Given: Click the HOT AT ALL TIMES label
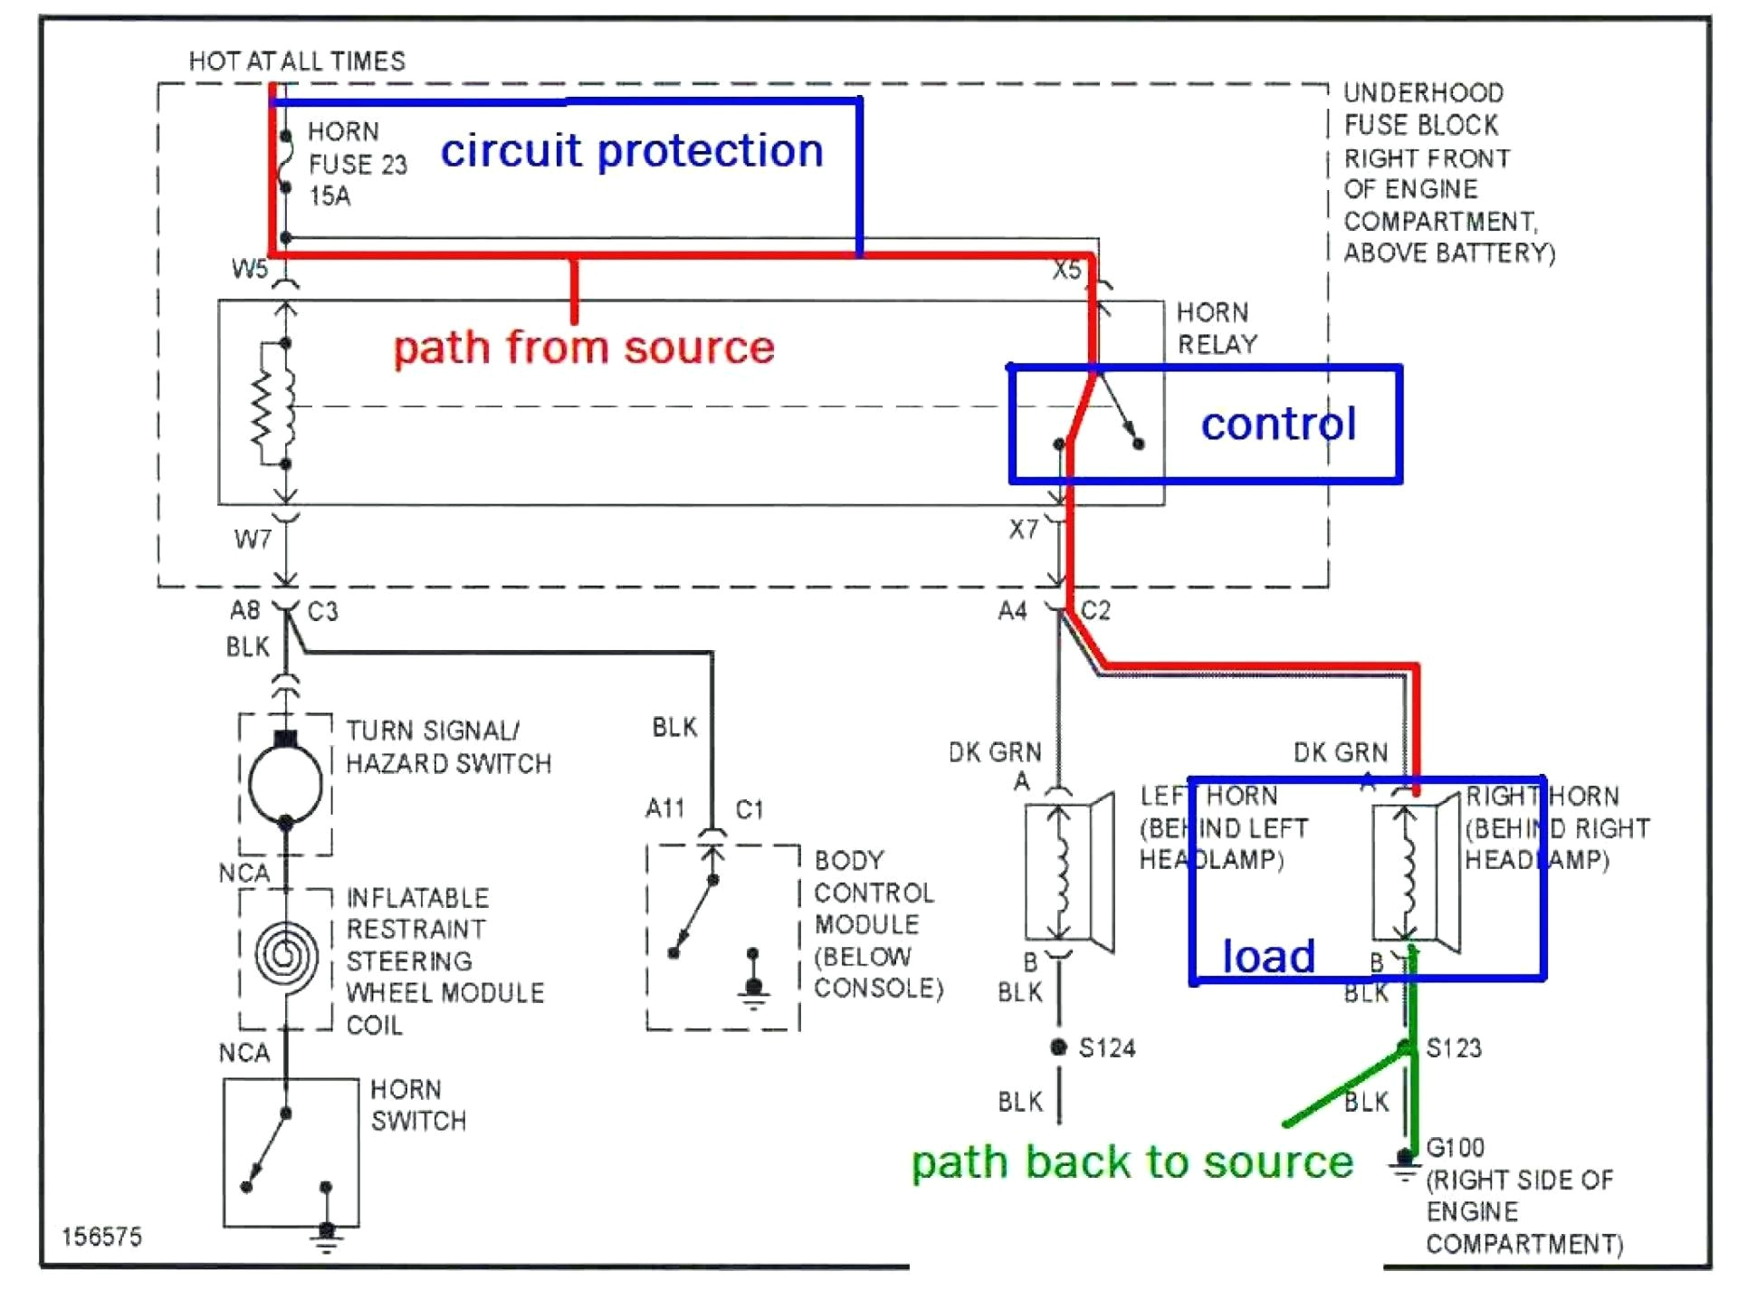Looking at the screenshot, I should click(297, 61).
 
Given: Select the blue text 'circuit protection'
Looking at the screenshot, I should click(632, 150).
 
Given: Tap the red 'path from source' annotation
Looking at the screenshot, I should click(584, 348).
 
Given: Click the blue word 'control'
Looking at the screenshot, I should click(1278, 424).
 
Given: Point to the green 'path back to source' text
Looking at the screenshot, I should click(1132, 1162).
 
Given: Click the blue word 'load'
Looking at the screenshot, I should click(1268, 956).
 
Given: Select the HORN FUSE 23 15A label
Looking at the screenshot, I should click(357, 164).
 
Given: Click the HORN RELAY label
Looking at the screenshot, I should click(1217, 328).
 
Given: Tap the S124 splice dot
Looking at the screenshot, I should click(1058, 1047).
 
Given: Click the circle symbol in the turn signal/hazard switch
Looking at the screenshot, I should click(285, 784).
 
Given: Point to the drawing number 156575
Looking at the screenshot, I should click(101, 1237).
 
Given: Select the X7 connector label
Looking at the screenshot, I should click(1024, 530).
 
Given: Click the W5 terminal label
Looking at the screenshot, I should click(250, 269).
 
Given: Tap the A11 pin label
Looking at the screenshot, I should click(665, 808).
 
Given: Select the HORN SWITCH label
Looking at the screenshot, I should click(418, 1105).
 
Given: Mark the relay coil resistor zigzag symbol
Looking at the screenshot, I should click(263, 404).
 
